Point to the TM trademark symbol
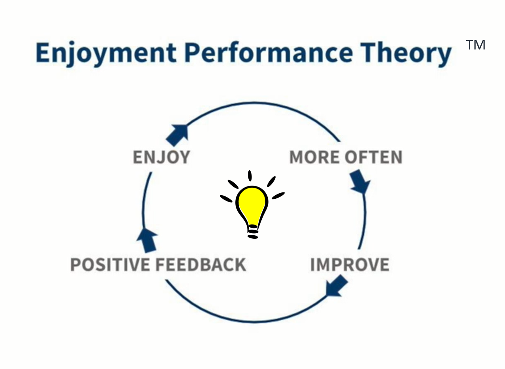point(476,45)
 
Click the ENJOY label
point(161,157)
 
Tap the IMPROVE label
point(349,264)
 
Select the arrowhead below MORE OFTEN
point(360,182)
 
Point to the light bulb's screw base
point(253,231)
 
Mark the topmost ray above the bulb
point(250,175)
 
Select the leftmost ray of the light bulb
point(226,198)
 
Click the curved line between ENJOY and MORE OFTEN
point(261,104)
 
